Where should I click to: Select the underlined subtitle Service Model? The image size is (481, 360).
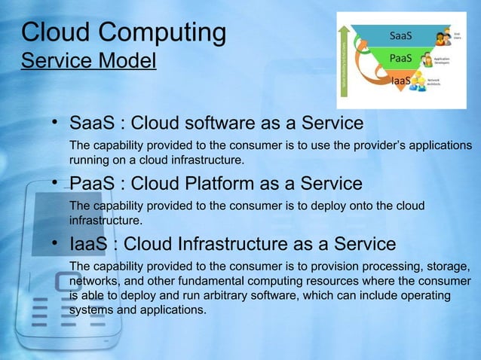88,59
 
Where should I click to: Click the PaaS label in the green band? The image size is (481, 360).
400,58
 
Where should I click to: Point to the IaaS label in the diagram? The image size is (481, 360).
400,80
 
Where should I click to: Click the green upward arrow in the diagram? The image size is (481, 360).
345,59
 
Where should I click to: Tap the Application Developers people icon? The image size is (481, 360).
427,60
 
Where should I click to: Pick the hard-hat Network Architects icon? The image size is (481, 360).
416,84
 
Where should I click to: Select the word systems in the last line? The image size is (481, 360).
91,310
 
